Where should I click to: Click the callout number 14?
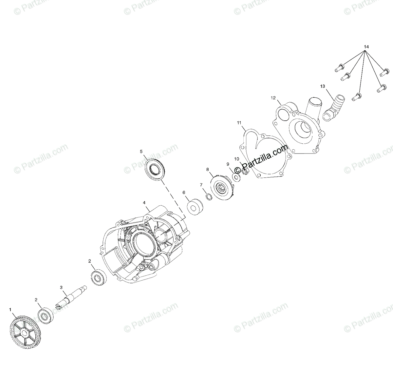click(x=366, y=47)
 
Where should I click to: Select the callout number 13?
click(x=323, y=86)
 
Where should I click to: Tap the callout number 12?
click(x=273, y=98)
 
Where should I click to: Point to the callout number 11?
click(x=239, y=123)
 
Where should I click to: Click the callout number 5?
click(x=141, y=151)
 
